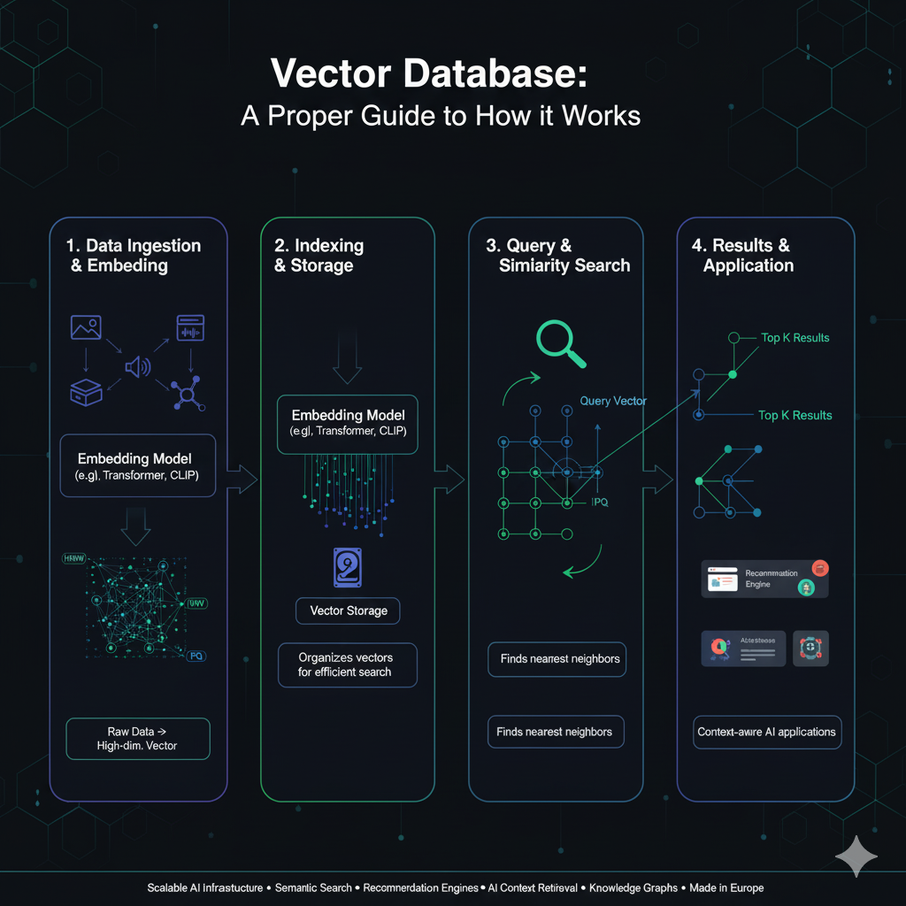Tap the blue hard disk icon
tap(348, 567)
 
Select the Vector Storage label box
tap(348, 610)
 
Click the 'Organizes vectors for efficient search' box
tap(346, 664)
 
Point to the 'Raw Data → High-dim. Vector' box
tap(137, 739)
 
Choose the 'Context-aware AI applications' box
tap(766, 732)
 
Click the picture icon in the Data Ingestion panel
tap(86, 328)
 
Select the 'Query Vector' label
tap(613, 401)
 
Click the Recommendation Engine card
tap(764, 579)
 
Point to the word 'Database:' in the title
tap(496, 73)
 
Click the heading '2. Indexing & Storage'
tap(319, 256)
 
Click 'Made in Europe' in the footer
tap(726, 887)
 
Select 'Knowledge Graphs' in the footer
tap(633, 887)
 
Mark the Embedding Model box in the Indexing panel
tap(348, 423)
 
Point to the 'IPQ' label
tap(599, 502)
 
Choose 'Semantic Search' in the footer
tap(312, 887)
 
